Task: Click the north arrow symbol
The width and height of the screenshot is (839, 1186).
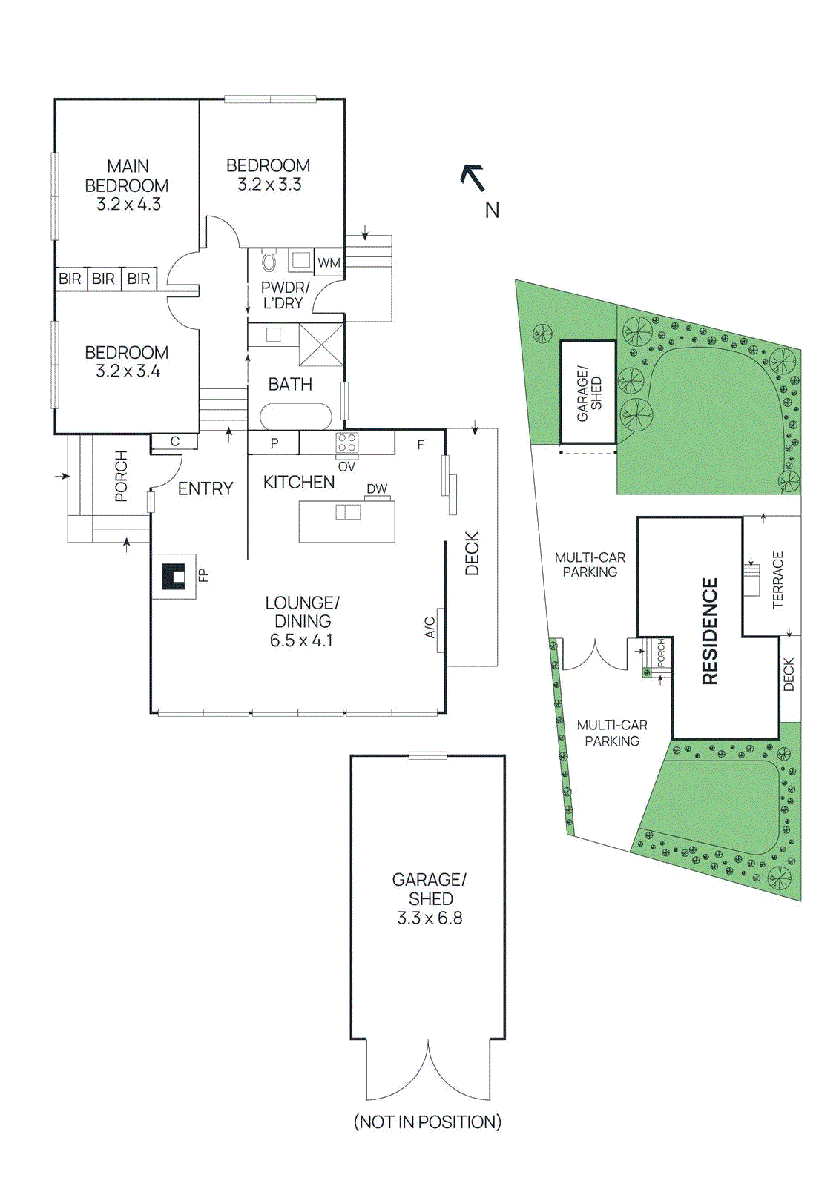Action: (473, 178)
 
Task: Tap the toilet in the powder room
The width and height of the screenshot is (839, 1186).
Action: (269, 261)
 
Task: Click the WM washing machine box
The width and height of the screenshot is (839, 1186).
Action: (329, 262)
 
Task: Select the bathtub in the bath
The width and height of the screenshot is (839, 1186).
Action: (295, 416)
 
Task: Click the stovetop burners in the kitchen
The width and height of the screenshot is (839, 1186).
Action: (346, 443)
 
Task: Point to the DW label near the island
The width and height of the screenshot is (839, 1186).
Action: (377, 488)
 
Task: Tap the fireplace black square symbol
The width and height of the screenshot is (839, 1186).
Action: (174, 576)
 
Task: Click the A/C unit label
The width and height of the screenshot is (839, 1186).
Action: (430, 627)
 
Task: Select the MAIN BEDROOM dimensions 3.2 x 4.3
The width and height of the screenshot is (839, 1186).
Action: (128, 204)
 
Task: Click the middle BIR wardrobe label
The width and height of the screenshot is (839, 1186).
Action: (103, 279)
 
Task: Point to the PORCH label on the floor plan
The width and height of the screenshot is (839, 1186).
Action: (121, 477)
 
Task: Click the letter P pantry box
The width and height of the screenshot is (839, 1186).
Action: (274, 443)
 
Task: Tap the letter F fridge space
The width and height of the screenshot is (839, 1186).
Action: (421, 445)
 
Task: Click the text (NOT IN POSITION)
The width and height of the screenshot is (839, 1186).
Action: (427, 1122)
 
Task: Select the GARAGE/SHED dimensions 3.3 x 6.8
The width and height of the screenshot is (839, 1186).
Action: (430, 918)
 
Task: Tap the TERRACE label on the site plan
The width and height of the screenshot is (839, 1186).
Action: (777, 580)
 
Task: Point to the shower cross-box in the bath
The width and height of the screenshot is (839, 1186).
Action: (321, 344)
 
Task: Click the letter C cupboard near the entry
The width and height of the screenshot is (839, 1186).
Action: (175, 442)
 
